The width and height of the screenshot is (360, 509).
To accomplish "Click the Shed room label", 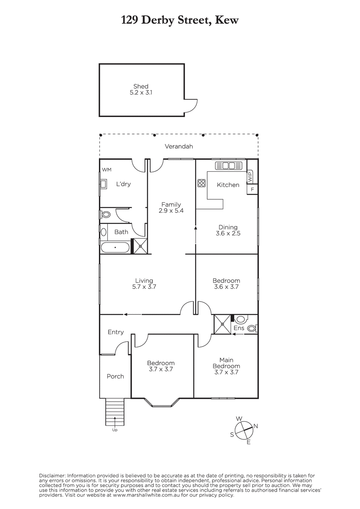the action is click(x=141, y=87).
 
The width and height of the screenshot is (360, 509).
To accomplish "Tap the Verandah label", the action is click(x=179, y=146).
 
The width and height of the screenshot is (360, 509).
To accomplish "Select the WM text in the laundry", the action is click(x=107, y=170).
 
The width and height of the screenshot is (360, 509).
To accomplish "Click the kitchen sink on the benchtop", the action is click(x=228, y=166).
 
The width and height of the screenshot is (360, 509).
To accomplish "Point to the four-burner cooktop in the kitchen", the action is click(x=202, y=183).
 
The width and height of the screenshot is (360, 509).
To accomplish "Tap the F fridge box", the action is click(x=252, y=189).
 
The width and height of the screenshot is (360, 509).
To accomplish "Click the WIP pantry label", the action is click(x=250, y=176).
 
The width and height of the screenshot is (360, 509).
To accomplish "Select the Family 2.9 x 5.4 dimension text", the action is click(x=171, y=210).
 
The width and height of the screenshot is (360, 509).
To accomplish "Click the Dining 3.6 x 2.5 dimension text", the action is click(x=228, y=233).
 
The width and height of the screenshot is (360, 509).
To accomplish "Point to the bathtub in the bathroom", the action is click(x=115, y=247).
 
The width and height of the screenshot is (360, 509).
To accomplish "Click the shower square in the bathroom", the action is click(x=141, y=246).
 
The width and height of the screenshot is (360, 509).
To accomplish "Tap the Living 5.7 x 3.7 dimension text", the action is click(x=144, y=287).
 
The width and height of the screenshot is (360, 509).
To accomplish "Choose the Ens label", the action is click(x=239, y=328).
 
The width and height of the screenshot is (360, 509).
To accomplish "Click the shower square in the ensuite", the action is click(x=222, y=324).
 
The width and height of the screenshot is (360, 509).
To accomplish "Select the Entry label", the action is click(x=115, y=332).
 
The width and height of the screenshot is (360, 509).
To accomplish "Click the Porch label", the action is click(x=115, y=376).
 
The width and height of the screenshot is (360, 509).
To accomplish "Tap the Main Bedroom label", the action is click(x=226, y=363).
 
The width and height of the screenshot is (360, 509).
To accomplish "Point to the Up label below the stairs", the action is click(x=115, y=430).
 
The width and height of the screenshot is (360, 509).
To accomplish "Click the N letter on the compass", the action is click(x=256, y=426).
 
